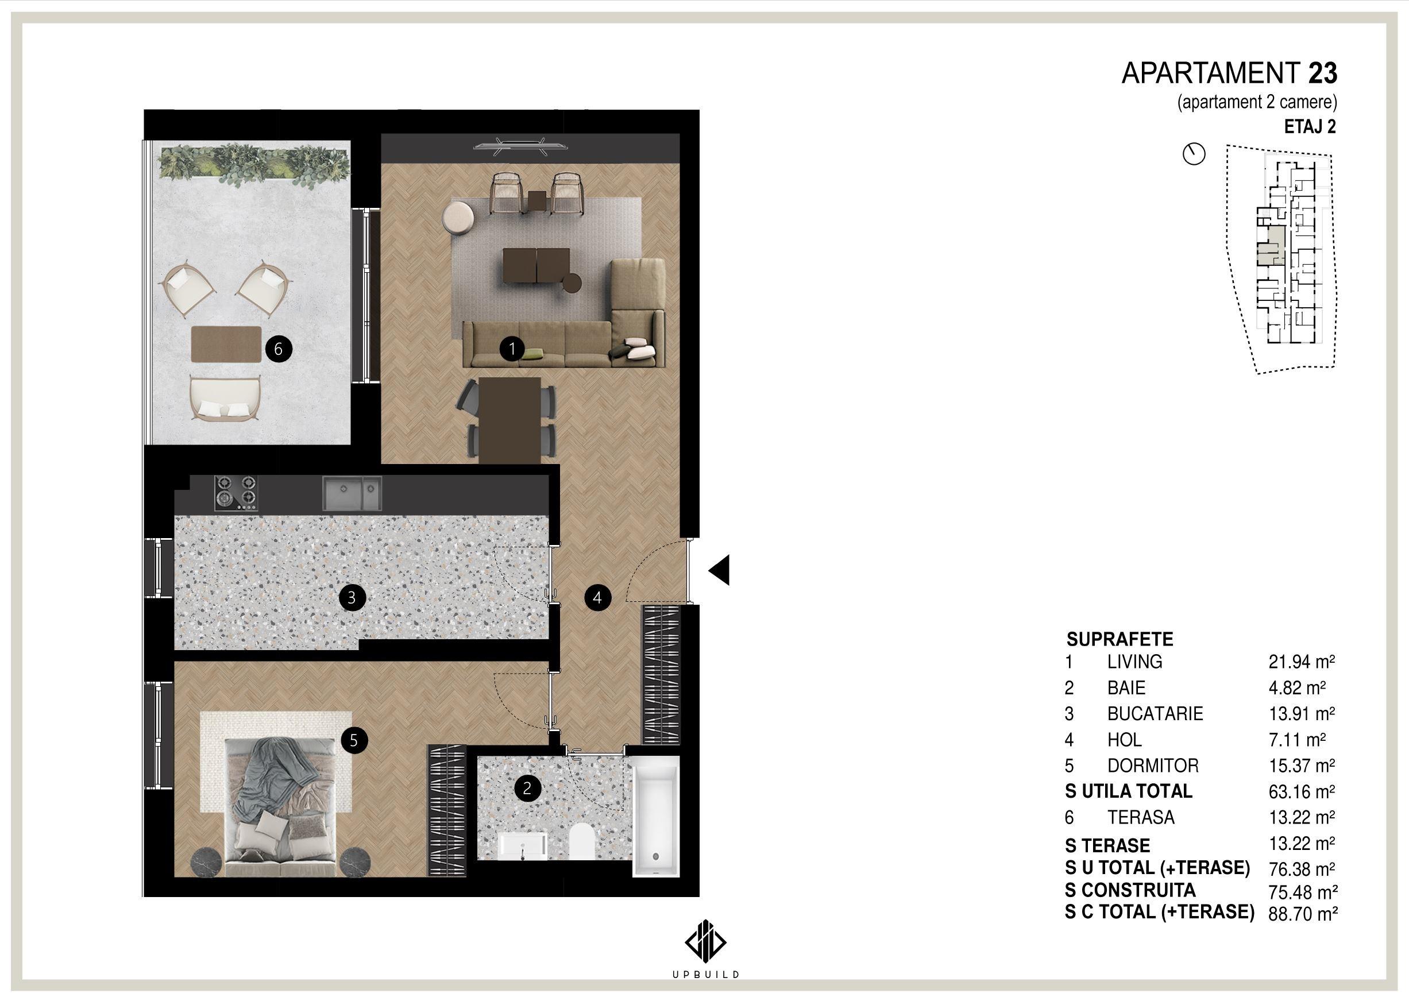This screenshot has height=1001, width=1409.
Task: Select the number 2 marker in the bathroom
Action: click(x=527, y=789)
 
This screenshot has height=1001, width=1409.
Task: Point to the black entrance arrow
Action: click(x=719, y=570)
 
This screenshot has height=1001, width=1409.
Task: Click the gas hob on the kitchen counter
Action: click(x=236, y=493)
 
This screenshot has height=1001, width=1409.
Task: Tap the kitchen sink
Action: click(x=352, y=494)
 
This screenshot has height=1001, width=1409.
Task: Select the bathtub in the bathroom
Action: click(x=656, y=816)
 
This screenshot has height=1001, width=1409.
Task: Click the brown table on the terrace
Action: click(x=227, y=344)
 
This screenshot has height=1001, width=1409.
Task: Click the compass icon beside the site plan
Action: click(x=1194, y=153)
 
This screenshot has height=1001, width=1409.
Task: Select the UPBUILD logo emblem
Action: click(x=705, y=942)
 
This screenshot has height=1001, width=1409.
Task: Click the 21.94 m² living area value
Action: click(x=1301, y=662)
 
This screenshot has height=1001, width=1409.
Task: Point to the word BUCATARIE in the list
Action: click(x=1155, y=714)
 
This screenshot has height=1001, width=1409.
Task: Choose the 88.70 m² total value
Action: click(x=1302, y=913)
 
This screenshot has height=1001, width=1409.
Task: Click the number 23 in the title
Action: click(x=1323, y=74)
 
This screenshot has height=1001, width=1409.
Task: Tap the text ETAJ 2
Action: click(x=1310, y=126)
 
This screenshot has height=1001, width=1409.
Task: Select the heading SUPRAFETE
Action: click(x=1120, y=639)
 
